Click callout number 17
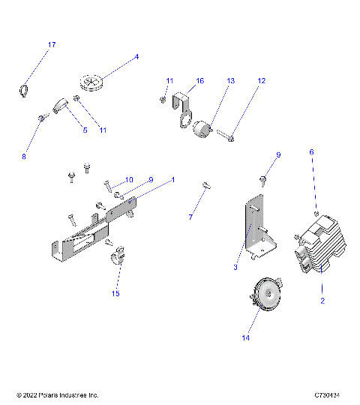point(52,45)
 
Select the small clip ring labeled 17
point(22,91)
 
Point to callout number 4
point(136,57)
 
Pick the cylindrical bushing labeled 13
point(202,132)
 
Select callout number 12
point(262,80)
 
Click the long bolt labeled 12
point(226,135)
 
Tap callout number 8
point(23,157)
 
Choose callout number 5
point(85,130)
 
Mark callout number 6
point(312,151)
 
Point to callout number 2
point(322,301)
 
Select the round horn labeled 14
point(264,292)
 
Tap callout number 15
point(115,294)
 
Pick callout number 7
point(190,217)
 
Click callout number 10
point(128,179)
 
